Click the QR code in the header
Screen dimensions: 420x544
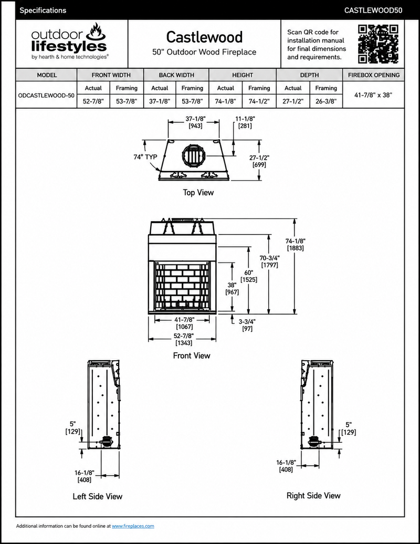tap(378, 44)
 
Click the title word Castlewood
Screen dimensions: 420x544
tap(204, 37)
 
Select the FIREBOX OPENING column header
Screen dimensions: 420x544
tap(373, 75)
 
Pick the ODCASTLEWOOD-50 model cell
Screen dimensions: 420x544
tap(46, 95)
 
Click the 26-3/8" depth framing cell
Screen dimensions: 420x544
tap(326, 101)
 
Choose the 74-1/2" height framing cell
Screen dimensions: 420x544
tap(259, 101)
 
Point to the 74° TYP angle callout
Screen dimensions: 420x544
tap(145, 157)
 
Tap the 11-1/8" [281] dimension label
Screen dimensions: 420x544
tap(245, 122)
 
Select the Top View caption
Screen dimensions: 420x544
tap(198, 193)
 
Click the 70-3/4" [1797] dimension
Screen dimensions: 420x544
tap(269, 261)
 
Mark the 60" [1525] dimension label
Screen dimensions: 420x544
tap(249, 276)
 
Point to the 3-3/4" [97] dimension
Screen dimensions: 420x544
tap(247, 325)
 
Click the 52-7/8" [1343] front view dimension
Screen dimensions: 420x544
tap(184, 339)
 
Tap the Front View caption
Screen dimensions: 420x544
tap(192, 355)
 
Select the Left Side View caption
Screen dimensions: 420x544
tap(98, 496)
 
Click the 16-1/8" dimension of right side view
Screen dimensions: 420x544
tap(286, 466)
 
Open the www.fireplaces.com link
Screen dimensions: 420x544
tap(133, 526)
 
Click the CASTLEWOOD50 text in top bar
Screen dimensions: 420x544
tap(373, 11)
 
